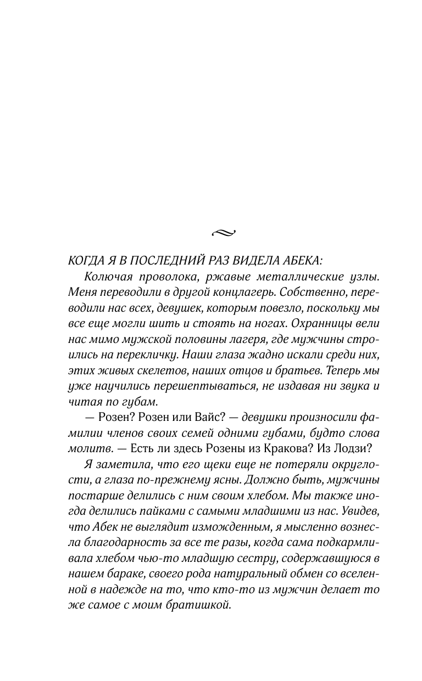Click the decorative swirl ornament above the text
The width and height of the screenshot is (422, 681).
(x=223, y=233)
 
